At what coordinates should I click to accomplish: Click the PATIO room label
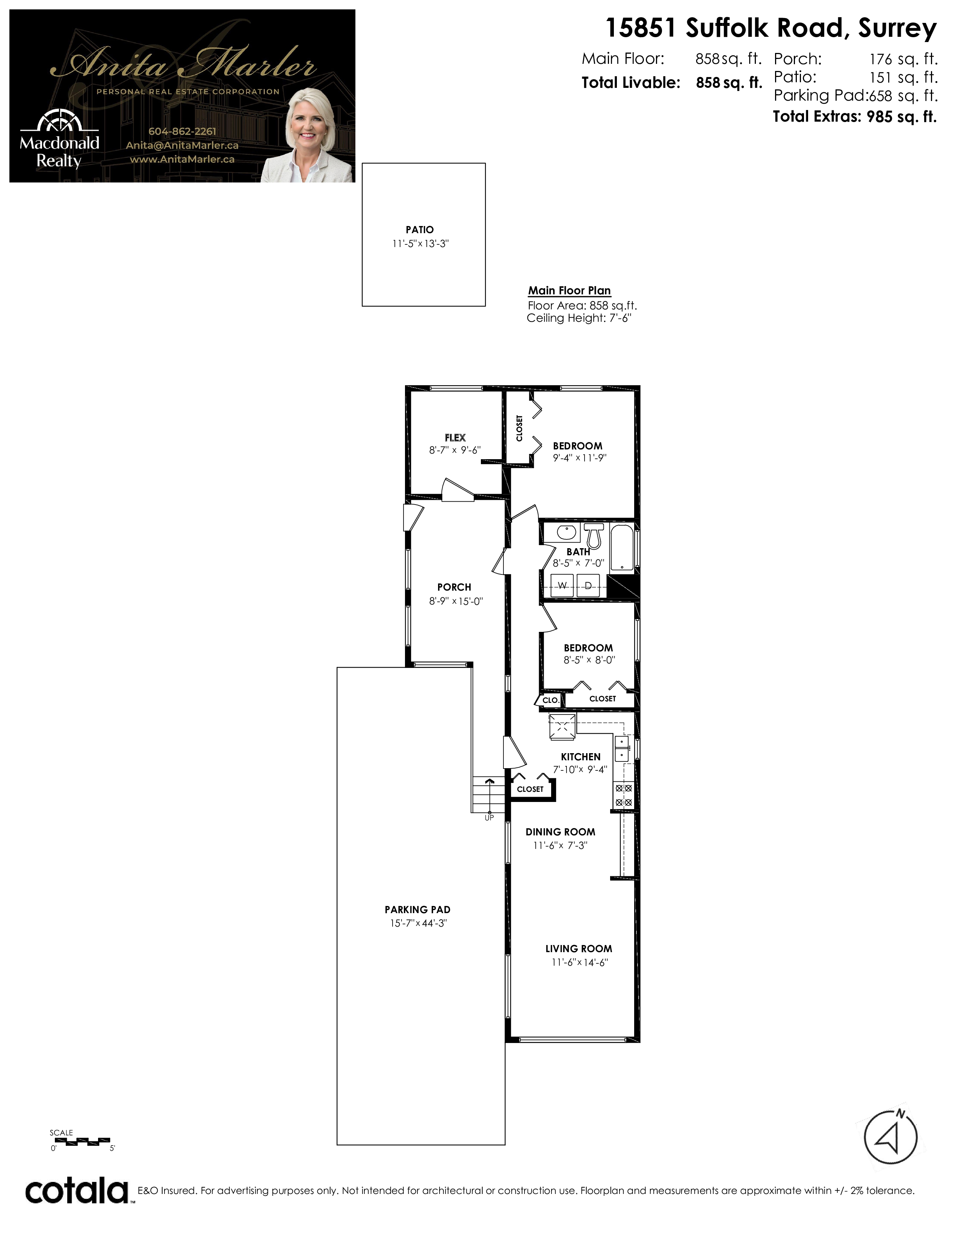(x=419, y=230)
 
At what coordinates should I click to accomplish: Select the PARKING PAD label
(x=417, y=909)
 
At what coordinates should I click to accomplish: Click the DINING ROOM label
(x=560, y=832)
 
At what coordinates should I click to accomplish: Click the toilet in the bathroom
(x=594, y=534)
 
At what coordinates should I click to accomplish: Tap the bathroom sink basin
(x=567, y=533)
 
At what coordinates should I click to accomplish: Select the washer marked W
(x=562, y=585)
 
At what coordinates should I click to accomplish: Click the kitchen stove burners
(x=624, y=795)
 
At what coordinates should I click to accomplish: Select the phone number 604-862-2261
(x=182, y=131)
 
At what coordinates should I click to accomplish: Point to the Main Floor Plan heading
(x=569, y=291)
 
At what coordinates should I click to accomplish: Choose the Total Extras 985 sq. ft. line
(x=855, y=117)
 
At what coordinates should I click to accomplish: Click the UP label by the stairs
(x=489, y=817)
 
